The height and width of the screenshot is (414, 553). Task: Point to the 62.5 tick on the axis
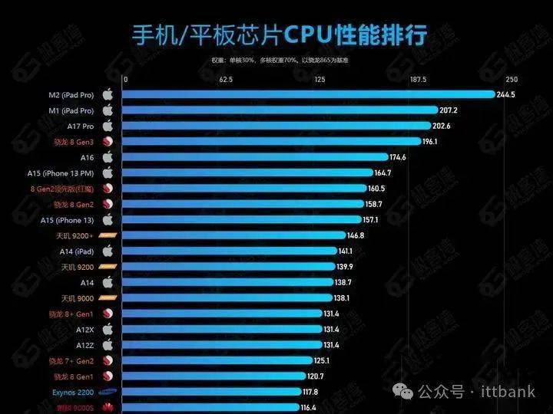(x=226, y=79)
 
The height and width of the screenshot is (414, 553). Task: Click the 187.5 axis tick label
(x=418, y=79)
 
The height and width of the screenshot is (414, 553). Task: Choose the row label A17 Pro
(x=80, y=126)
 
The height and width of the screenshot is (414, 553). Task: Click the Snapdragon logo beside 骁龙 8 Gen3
(x=108, y=142)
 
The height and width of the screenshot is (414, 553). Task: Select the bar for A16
(x=254, y=157)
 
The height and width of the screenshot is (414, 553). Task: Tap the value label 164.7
(x=383, y=173)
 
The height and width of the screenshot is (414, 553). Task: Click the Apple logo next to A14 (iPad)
(x=108, y=251)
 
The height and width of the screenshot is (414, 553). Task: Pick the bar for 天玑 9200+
(x=233, y=235)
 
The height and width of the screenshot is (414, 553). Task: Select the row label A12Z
(x=84, y=344)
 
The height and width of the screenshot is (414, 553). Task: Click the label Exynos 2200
(x=75, y=391)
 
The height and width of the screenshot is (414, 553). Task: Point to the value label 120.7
(x=337, y=376)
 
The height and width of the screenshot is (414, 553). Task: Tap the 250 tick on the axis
(x=512, y=79)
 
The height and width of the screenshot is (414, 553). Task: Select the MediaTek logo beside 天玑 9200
(x=108, y=267)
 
